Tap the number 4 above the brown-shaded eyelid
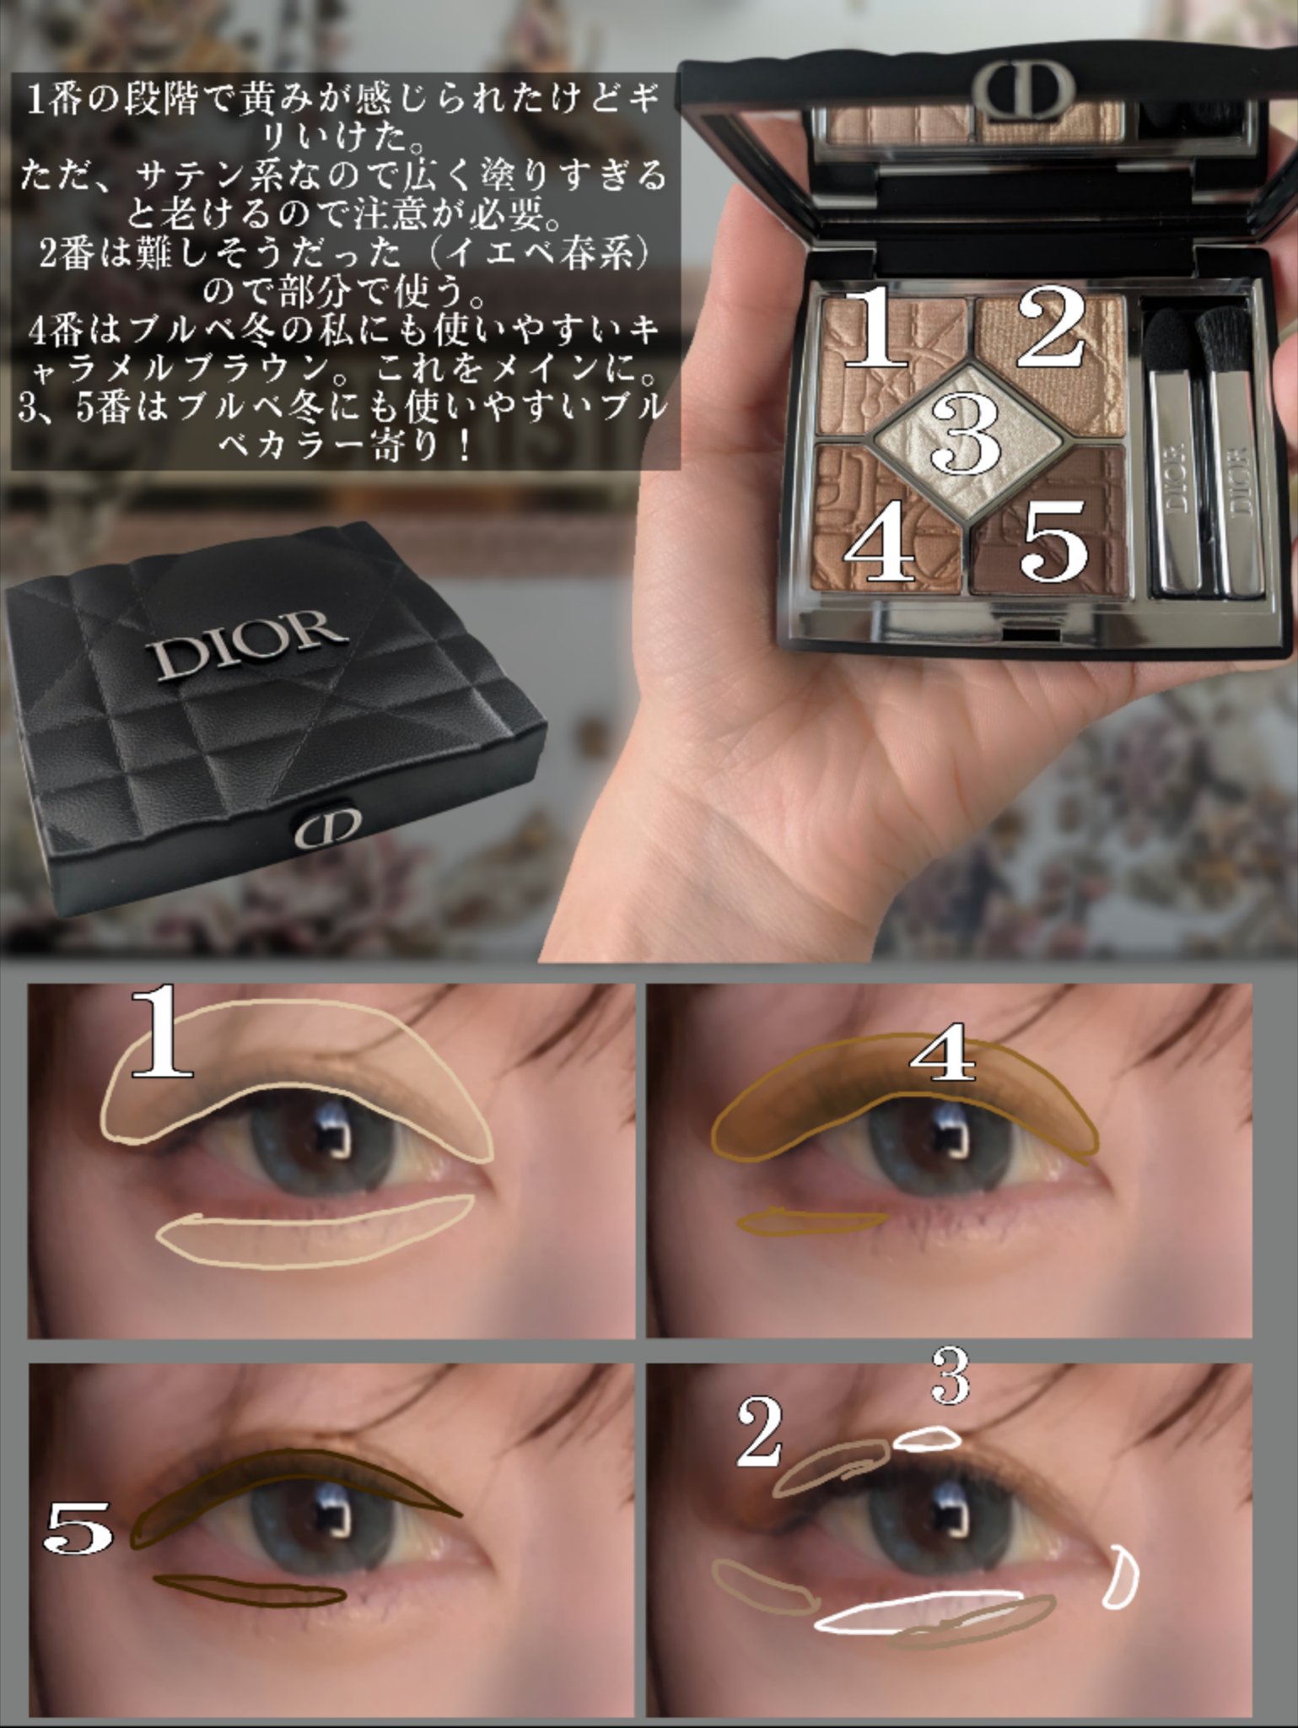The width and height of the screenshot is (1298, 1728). click(942, 1056)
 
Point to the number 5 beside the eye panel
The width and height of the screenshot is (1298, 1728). click(78, 1528)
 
